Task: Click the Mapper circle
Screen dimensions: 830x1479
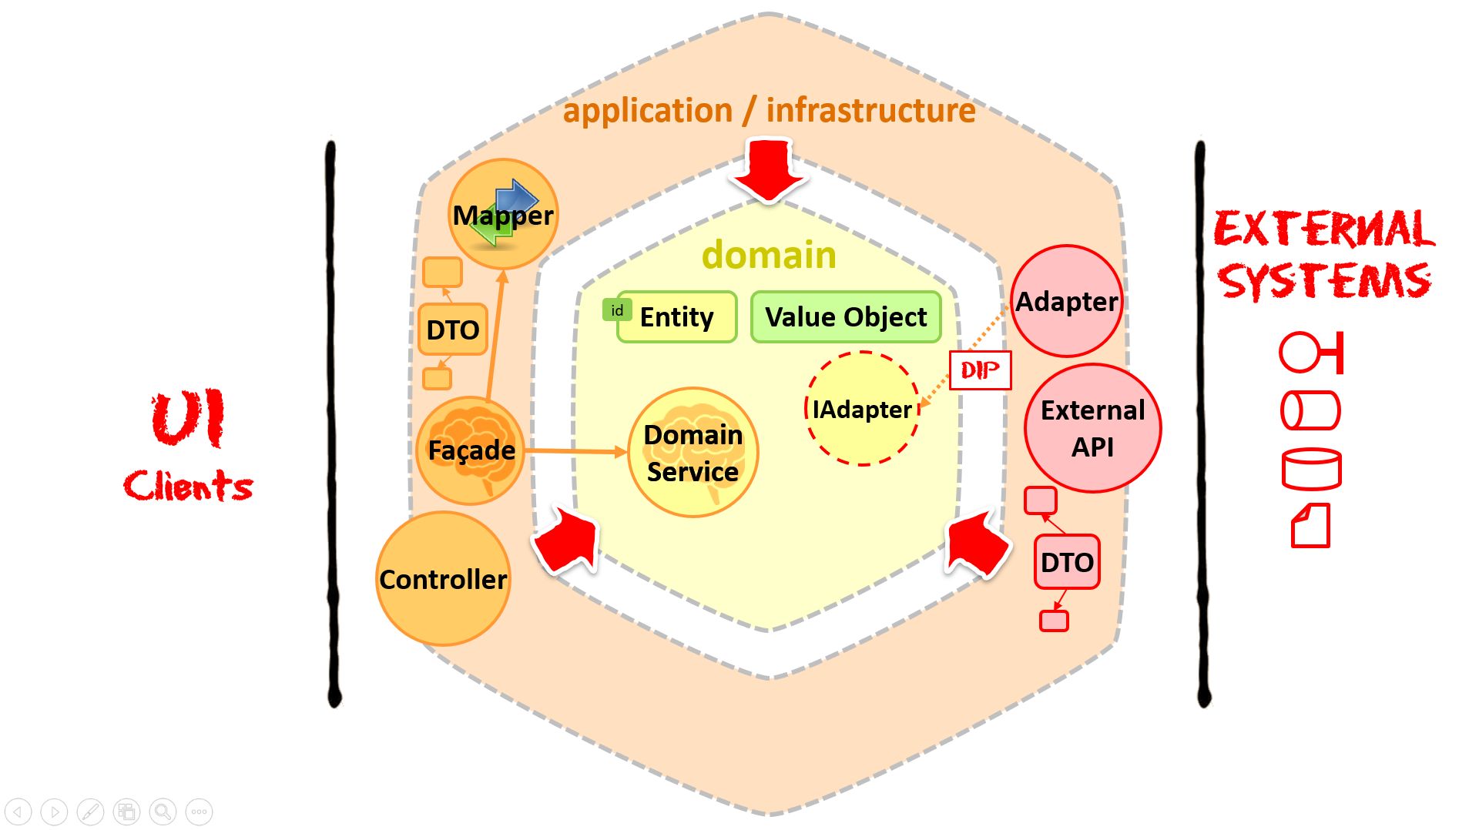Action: (503, 214)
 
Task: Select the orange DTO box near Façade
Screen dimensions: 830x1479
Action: (453, 330)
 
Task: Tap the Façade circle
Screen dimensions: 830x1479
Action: (471, 450)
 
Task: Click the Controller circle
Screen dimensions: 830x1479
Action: (443, 579)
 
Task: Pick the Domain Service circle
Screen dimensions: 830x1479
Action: (693, 453)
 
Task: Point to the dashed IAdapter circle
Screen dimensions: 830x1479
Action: (862, 409)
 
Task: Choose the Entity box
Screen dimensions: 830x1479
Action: (676, 317)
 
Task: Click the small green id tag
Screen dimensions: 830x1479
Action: (617, 310)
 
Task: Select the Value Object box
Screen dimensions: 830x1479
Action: (846, 317)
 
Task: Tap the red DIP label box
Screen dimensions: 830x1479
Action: (980, 370)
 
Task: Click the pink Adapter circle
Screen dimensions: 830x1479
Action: (1066, 301)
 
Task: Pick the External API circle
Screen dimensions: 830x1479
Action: (1092, 428)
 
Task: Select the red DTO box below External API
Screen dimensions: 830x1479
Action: (1067, 562)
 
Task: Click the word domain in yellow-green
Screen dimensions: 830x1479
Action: (769, 255)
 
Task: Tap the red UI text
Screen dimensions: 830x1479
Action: (188, 418)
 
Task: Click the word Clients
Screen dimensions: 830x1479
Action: (188, 486)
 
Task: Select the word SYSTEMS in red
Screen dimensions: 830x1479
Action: (1323, 281)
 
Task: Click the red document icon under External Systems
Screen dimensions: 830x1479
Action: (1310, 526)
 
